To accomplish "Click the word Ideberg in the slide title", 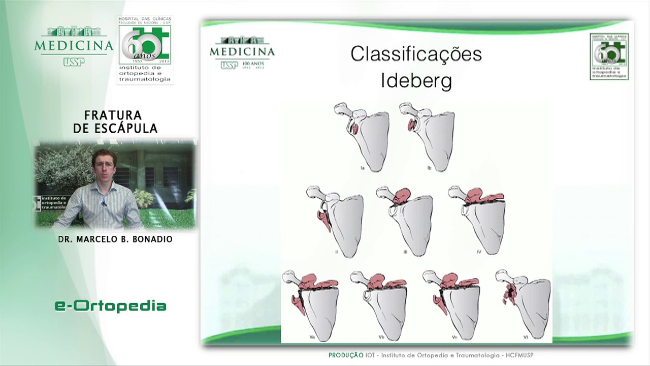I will pos(416,81).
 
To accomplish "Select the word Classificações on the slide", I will pos(416,54).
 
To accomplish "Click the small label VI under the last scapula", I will pos(526,337).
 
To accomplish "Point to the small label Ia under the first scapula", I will pos(362,168).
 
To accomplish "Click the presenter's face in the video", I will pos(105,168).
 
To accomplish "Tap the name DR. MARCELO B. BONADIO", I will pos(115,239).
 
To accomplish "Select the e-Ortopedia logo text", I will pos(111,306).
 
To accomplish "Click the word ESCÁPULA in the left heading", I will pos(127,129).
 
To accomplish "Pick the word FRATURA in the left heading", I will pos(113,116).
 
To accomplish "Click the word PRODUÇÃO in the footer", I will pos(345,355).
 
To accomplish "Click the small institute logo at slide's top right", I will pos(609,56).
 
